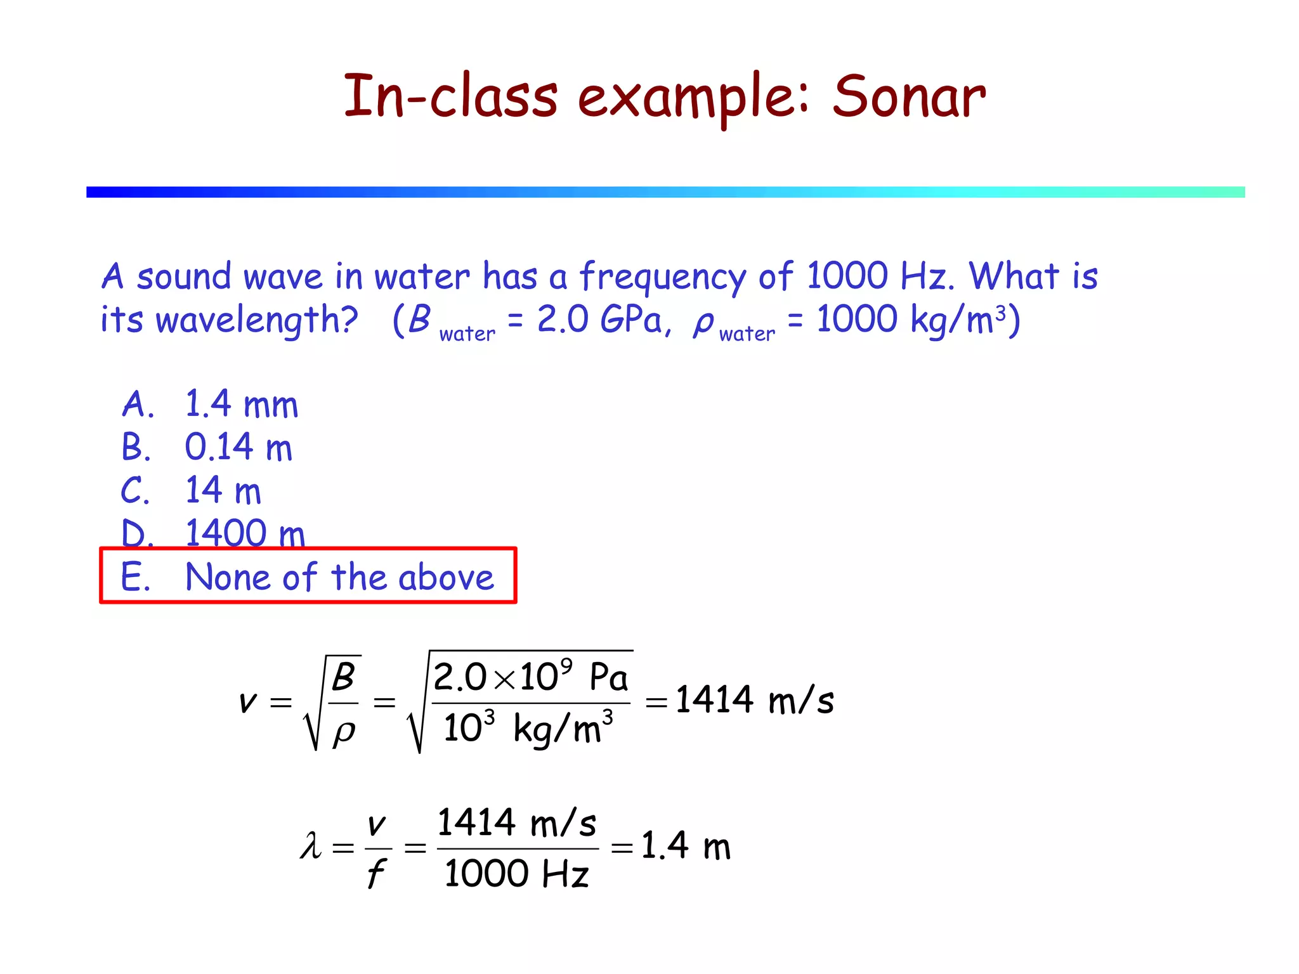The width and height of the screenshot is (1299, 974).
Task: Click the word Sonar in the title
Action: (x=909, y=96)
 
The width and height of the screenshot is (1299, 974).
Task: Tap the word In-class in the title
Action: (x=450, y=96)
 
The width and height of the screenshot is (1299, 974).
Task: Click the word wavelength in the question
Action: (x=256, y=320)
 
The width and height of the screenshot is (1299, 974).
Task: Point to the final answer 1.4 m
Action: (x=686, y=846)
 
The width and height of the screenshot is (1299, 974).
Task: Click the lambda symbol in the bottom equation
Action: (x=311, y=846)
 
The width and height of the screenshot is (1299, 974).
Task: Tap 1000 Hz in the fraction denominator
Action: (x=516, y=873)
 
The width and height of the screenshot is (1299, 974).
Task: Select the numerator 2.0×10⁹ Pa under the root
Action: (x=530, y=677)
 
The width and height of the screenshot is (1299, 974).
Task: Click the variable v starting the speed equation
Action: (x=247, y=702)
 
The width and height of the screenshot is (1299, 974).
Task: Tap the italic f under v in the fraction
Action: (x=375, y=873)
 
